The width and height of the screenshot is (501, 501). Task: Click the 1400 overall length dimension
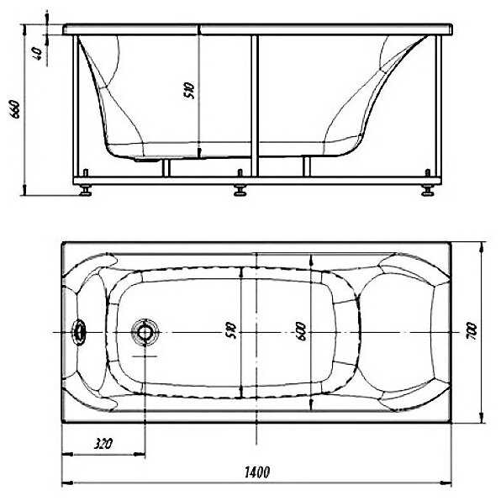point(257,472)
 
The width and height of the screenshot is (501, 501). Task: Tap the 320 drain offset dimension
point(103,444)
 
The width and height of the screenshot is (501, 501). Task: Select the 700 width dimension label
point(472,331)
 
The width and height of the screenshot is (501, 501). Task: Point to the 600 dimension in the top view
point(301,331)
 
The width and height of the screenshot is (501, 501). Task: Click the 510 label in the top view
point(230,330)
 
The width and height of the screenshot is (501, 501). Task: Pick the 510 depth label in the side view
point(189,91)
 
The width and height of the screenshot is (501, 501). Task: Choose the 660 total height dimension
point(15,108)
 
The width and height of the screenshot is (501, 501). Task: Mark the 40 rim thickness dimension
point(37,54)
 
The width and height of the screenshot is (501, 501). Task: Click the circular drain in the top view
point(145,332)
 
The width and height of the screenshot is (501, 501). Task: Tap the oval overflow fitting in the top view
point(78,332)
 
